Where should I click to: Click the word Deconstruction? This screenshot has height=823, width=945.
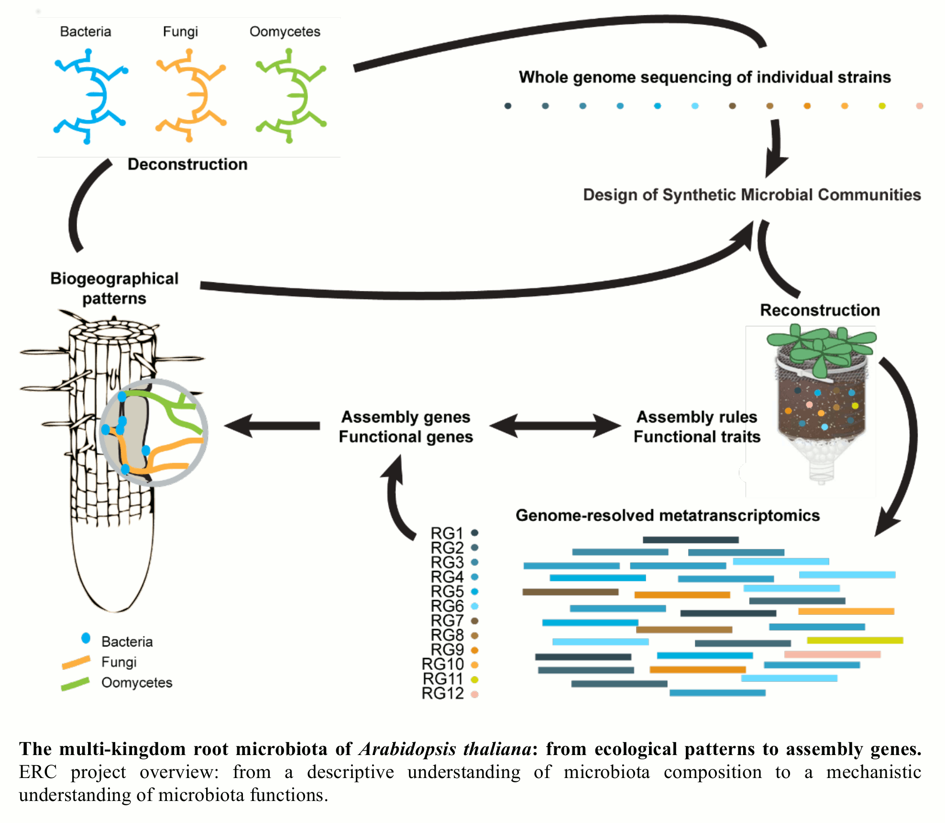coord(187,165)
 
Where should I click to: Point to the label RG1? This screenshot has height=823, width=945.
coord(447,533)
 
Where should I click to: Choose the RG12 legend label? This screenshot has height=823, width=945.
coord(442,693)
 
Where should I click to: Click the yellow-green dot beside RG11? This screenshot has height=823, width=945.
coord(474,679)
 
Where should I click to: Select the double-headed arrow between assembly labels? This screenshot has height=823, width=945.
coord(555,425)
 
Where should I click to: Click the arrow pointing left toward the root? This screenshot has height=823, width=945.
coord(273,425)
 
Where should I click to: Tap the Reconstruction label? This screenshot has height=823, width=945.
coord(820,310)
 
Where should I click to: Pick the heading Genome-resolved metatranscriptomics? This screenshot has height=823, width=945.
coord(668,515)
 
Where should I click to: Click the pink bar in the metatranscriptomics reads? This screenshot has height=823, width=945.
coord(832,654)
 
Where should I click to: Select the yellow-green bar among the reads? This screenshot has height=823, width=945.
coord(855,640)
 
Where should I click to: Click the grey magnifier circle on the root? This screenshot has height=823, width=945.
coord(153,433)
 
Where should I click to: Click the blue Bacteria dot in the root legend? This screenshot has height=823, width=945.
coord(86,638)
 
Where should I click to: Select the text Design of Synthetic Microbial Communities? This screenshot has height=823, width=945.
coord(752,195)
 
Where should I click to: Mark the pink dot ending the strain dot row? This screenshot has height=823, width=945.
coord(919,106)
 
